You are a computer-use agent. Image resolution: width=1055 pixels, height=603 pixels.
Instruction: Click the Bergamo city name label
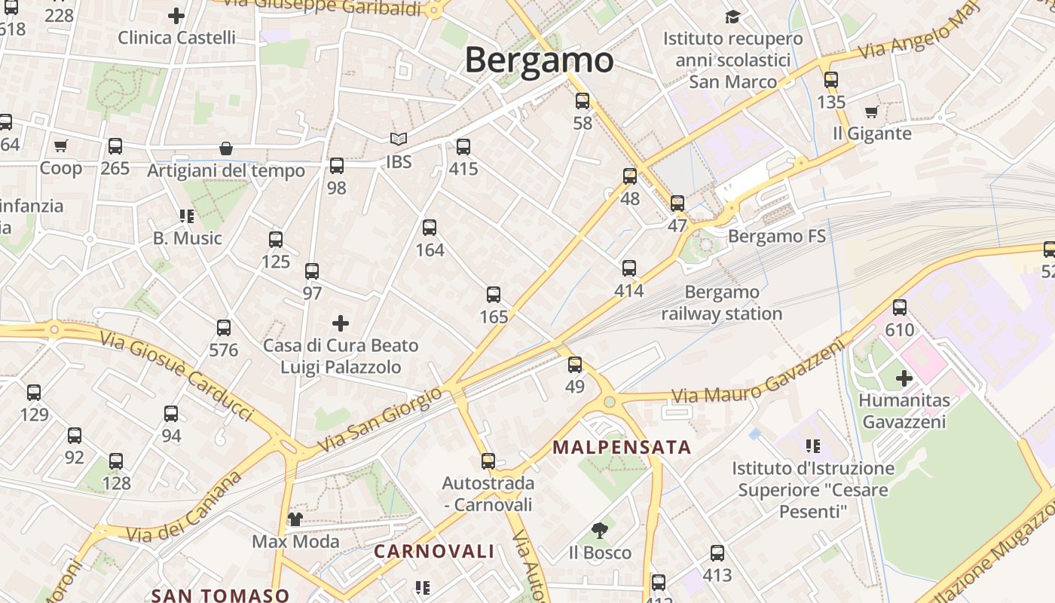539,60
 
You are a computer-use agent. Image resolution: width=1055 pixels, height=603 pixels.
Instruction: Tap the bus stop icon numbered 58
583,101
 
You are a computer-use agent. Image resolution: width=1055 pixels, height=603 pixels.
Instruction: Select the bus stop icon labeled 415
463,147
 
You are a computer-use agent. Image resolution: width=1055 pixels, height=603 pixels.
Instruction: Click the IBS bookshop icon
399,139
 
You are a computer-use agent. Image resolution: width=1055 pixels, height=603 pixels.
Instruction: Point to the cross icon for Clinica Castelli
176,15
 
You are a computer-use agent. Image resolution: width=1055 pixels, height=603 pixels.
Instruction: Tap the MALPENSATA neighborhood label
622,447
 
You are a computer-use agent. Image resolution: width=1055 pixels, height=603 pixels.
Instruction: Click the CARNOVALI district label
434,551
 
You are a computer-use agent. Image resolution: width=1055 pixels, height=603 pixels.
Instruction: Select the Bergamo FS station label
776,236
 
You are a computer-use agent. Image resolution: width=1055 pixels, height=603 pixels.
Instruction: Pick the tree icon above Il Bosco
600,531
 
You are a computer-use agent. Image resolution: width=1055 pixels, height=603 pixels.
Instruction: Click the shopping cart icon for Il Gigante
872,112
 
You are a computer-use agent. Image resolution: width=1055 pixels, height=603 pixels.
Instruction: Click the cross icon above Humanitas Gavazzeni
904,378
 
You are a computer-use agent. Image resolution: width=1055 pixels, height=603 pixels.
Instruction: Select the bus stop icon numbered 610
900,308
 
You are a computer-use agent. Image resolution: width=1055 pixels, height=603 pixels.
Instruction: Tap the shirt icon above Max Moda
295,519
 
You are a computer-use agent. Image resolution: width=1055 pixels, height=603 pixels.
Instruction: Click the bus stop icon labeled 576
224,328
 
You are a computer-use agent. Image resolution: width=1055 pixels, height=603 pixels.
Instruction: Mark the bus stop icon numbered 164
430,228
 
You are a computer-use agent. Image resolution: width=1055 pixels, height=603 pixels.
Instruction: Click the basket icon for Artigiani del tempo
225,148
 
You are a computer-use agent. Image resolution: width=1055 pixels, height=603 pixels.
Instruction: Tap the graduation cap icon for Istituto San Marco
732,17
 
